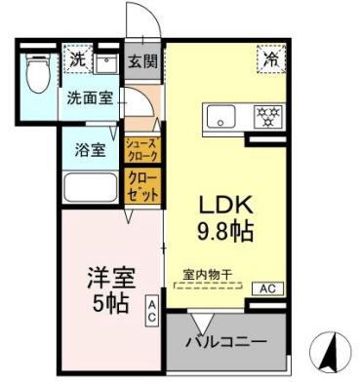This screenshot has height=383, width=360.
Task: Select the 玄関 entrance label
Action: (x=142, y=60)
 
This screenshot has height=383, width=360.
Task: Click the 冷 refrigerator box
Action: (x=271, y=59)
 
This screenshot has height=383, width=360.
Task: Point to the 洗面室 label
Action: (x=88, y=98)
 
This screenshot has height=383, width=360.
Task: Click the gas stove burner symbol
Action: (x=265, y=116)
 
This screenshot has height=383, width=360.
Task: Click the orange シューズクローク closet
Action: (x=142, y=149)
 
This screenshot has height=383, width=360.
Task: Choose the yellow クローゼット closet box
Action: (x=142, y=184)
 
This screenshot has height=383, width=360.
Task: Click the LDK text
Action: (x=227, y=208)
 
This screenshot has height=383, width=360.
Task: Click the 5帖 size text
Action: (x=102, y=302)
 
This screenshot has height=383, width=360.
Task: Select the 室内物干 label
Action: (x=207, y=275)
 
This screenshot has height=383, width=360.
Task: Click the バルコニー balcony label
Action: (x=227, y=342)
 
